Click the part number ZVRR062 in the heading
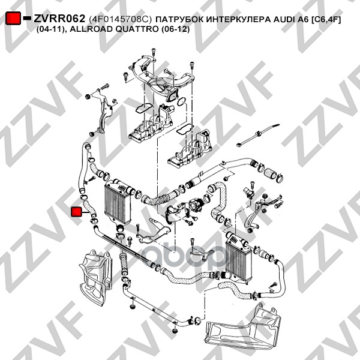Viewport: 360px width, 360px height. click(x=59, y=19)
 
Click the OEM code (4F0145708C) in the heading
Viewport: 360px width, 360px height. click(x=120, y=19)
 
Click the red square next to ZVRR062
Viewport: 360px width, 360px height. click(x=13, y=18)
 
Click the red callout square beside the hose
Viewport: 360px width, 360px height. click(x=76, y=212)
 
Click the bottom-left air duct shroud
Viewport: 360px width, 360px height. click(x=96, y=277)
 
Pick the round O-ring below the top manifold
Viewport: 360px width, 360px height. click(x=182, y=101)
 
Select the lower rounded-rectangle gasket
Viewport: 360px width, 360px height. click(x=184, y=129)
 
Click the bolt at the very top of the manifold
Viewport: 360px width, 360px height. click(x=154, y=52)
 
